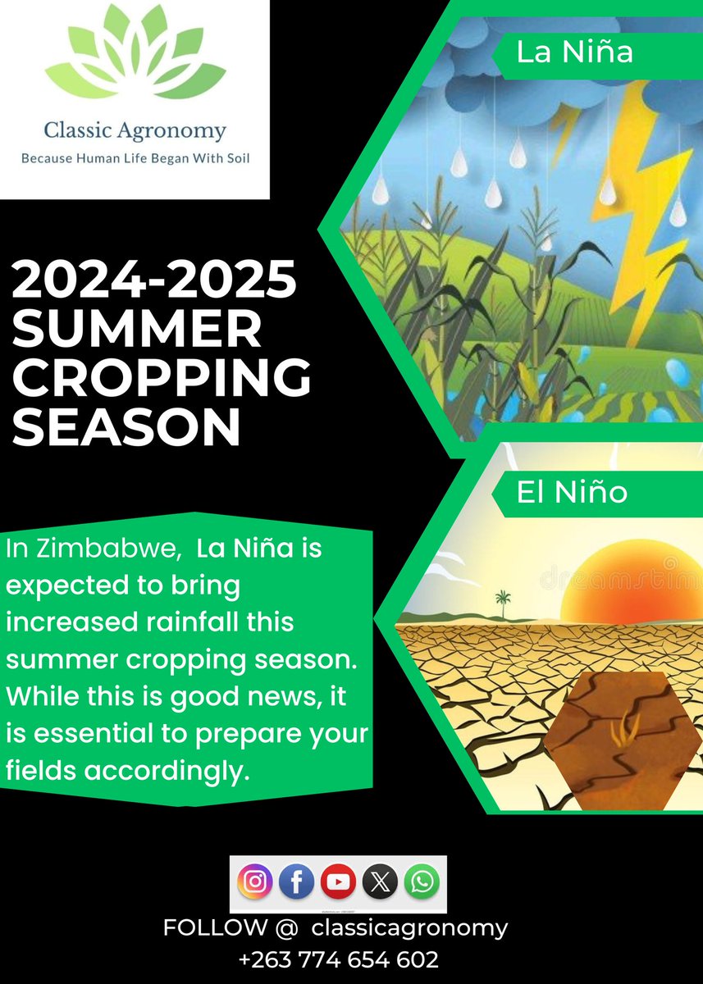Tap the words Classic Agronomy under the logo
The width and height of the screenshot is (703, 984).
click(135, 130)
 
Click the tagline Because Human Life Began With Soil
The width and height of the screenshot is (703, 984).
click(135, 157)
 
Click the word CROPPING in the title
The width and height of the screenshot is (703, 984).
click(162, 378)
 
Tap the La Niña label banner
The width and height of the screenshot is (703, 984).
click(574, 52)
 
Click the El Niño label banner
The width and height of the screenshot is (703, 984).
click(572, 492)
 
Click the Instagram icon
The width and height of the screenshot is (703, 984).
click(255, 881)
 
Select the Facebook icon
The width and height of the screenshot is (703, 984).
click(297, 881)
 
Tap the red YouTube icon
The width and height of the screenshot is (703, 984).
click(338, 881)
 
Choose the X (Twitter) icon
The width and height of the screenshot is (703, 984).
click(380, 881)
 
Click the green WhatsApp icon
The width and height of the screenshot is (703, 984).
click(422, 881)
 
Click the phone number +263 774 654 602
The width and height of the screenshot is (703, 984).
click(338, 959)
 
